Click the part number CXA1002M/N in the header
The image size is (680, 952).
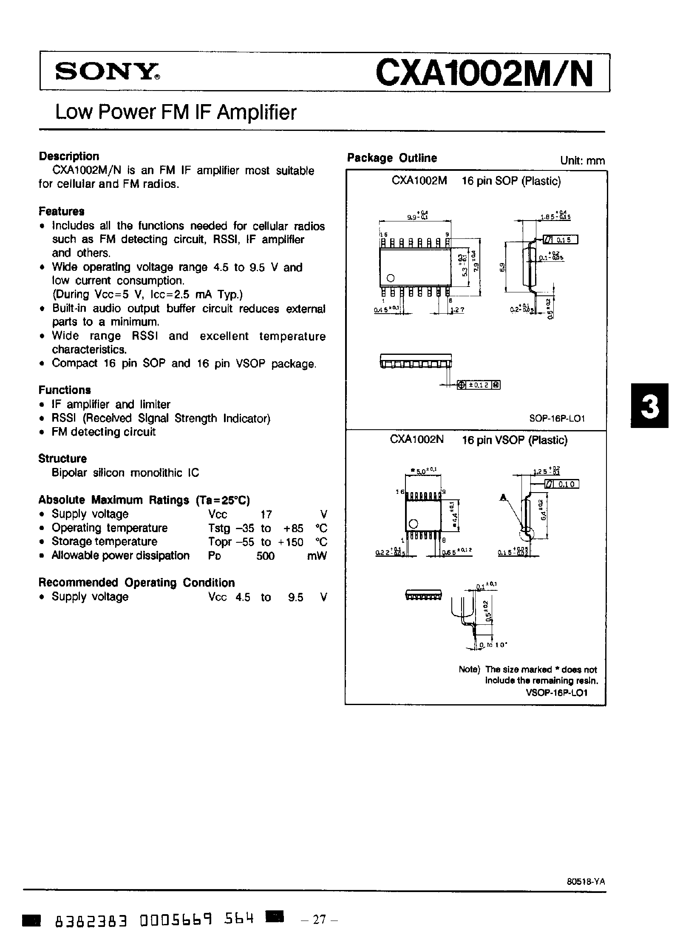484,73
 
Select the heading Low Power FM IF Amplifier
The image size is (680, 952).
176,113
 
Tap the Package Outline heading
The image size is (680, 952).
392,158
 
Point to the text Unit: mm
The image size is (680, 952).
582,161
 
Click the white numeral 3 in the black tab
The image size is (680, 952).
649,406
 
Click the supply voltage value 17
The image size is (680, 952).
266,515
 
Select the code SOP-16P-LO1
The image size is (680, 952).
557,418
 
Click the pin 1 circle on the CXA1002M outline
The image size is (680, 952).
391,278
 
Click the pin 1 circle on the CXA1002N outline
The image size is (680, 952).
413,524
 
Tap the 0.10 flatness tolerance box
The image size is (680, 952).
561,484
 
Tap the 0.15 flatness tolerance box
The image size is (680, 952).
560,240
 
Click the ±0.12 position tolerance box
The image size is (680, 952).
479,385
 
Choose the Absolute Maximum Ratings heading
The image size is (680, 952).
144,500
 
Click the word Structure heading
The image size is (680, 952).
62,459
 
